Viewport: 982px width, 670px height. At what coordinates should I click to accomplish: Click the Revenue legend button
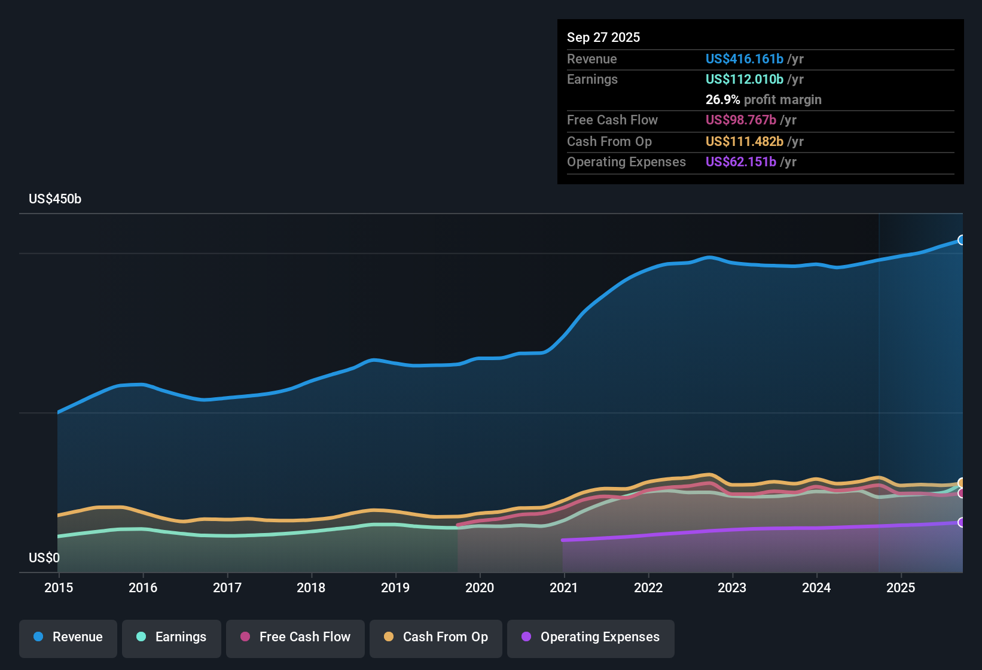coord(68,637)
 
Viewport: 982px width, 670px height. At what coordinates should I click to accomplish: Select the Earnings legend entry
coord(172,637)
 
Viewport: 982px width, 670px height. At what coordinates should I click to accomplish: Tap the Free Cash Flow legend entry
coord(295,637)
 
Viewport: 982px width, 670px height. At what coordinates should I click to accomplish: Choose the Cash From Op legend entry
coord(436,637)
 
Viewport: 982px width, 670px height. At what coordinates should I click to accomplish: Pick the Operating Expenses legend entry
coord(591,637)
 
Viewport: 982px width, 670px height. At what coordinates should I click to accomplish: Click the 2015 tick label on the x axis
coord(59,587)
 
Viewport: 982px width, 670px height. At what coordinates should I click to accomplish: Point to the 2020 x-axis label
coord(480,587)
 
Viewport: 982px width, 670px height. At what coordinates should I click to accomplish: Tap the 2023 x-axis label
coord(732,587)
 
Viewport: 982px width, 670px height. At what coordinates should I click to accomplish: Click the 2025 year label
coord(901,587)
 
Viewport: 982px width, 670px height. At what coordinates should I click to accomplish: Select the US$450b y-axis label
coord(55,199)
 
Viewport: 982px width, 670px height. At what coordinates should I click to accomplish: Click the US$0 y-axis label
coord(44,558)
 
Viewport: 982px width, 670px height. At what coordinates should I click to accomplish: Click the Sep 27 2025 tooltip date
coord(603,38)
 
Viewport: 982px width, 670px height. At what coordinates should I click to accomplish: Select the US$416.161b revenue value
coord(744,59)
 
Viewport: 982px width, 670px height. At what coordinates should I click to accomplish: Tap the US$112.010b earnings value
coord(744,80)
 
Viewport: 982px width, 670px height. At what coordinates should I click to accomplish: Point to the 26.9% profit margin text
coord(763,100)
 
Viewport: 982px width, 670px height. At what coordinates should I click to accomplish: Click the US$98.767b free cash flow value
coord(740,120)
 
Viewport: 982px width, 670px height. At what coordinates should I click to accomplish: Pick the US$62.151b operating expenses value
coord(740,162)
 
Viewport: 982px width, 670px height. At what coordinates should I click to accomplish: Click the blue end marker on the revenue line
coord(962,240)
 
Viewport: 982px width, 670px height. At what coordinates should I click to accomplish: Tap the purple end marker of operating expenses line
coord(962,522)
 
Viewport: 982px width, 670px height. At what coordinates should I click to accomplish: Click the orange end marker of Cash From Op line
coord(962,483)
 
